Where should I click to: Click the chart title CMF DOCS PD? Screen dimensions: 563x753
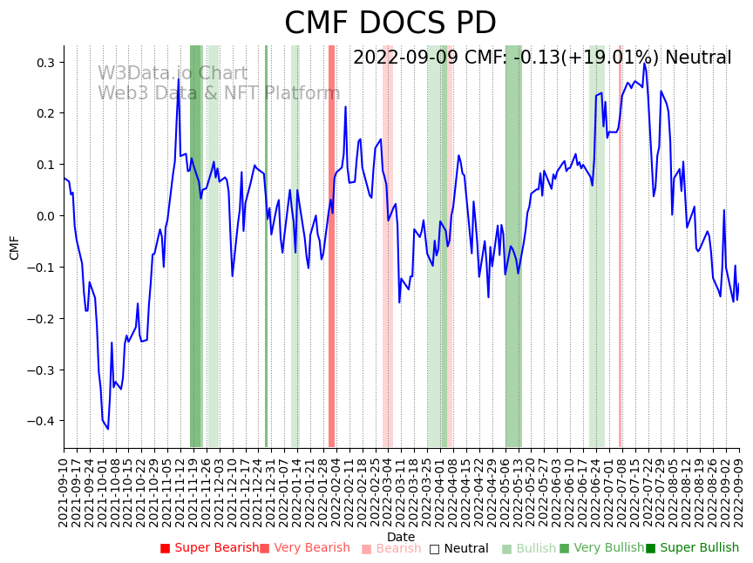point(390,24)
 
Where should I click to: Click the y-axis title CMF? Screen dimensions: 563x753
point(15,248)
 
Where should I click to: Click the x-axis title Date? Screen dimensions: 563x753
point(401,537)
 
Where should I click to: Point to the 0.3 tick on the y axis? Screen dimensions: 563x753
point(44,63)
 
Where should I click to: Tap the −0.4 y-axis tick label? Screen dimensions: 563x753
point(40,421)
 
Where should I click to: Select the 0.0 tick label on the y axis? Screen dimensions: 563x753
point(44,216)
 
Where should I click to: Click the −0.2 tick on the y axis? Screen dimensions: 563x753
point(40,319)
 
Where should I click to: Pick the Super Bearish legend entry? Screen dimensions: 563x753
point(209,548)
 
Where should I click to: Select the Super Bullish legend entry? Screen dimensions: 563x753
point(692,548)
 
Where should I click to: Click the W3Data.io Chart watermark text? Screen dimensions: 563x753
point(173,73)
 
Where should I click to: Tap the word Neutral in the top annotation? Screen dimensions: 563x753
point(698,58)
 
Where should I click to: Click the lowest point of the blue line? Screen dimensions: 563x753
point(108,429)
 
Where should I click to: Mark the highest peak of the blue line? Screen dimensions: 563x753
point(644,63)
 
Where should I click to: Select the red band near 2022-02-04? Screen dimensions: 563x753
point(331,244)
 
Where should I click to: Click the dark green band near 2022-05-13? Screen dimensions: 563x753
point(513,244)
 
